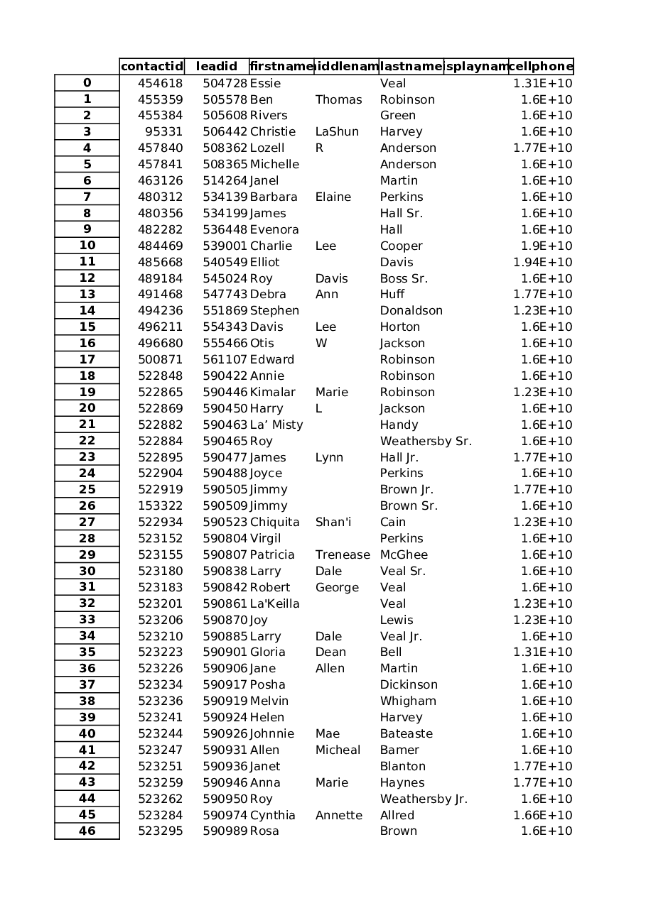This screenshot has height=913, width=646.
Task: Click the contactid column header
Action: pyautogui.click(x=151, y=67)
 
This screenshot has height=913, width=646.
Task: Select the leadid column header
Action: pyautogui.click(x=216, y=67)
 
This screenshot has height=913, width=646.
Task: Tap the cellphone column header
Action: pyautogui.click(x=541, y=67)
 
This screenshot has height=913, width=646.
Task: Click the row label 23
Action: pyautogui.click(x=87, y=457)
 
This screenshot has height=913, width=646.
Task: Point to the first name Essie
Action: pyautogui.click(x=265, y=84)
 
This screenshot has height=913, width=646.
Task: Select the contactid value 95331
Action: pyautogui.click(x=163, y=132)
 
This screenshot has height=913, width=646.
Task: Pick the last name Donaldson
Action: pyautogui.click(x=411, y=311)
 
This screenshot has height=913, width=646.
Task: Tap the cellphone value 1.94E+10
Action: pyautogui.click(x=542, y=263)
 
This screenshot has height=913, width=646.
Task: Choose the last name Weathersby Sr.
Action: pyautogui.click(x=425, y=442)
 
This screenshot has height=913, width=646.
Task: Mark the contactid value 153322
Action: pyautogui.click(x=160, y=506)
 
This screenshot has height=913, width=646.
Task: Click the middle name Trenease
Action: pyautogui.click(x=343, y=555)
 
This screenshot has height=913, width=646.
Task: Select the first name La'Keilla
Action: pyautogui.click(x=274, y=604)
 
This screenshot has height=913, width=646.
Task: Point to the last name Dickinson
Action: pyautogui.click(x=409, y=685)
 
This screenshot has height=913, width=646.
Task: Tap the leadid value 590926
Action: pyautogui.click(x=225, y=734)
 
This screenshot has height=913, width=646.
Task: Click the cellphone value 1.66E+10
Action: pyautogui.click(x=542, y=816)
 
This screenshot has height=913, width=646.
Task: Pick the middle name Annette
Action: pyautogui.click(x=338, y=816)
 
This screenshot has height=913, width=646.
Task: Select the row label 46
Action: pyautogui.click(x=87, y=831)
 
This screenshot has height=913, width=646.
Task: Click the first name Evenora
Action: pyautogui.click(x=274, y=230)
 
